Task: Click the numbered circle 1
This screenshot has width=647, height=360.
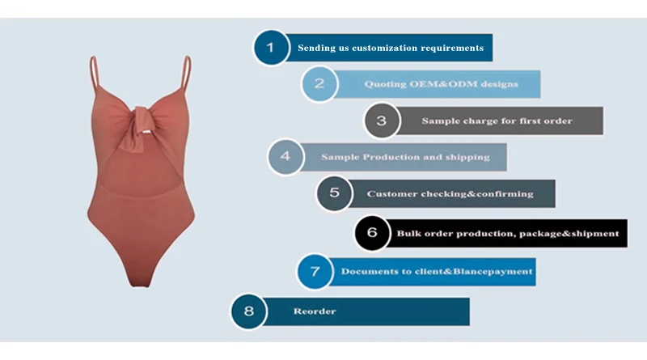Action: click(271, 48)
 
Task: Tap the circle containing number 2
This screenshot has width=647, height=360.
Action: click(319, 84)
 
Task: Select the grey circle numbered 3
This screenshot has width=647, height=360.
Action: click(382, 121)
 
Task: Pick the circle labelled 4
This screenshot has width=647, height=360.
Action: click(285, 157)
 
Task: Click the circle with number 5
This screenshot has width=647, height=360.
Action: click(334, 193)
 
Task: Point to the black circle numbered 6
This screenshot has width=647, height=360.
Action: click(372, 233)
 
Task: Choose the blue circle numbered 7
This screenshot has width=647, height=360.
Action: click(315, 271)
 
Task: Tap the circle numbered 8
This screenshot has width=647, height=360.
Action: click(248, 311)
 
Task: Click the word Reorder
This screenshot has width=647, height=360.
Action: click(315, 311)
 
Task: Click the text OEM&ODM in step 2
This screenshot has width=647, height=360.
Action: click(440, 84)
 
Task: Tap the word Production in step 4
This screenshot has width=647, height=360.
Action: click(391, 157)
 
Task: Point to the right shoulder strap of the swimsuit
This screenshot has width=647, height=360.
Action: click(187, 73)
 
